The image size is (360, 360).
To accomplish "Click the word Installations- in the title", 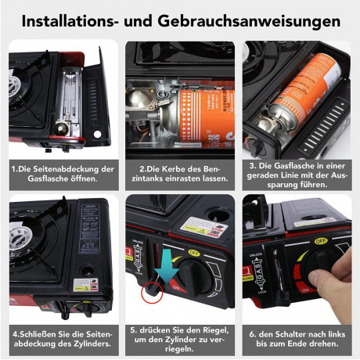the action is pos(68,21).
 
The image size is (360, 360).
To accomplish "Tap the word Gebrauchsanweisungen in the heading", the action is pos(249,22).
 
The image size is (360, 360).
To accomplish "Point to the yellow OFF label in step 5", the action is pos(194,253).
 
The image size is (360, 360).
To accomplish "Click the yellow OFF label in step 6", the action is pos(321,241).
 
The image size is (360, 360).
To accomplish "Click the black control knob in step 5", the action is pos(195,276).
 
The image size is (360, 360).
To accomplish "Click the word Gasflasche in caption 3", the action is pos(293,166).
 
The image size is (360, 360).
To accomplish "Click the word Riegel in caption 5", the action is pos(215,330).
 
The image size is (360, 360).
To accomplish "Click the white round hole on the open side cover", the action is pos(97,135).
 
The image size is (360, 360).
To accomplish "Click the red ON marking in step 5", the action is pos(178,288).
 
